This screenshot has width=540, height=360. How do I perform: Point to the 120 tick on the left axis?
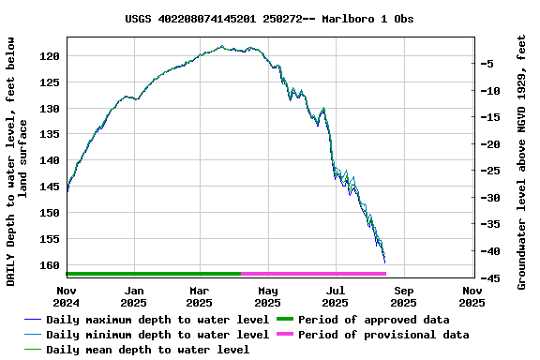point(52,56)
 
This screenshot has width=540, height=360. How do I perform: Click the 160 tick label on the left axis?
point(52,265)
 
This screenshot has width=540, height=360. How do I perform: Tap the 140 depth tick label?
point(52,160)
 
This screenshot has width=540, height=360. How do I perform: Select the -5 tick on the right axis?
point(488,64)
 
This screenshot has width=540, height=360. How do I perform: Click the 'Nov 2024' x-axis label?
point(67,297)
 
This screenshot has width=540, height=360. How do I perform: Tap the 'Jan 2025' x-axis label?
point(134,297)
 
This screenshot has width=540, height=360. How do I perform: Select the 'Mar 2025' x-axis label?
point(200,297)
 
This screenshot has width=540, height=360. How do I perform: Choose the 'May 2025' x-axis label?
point(268,297)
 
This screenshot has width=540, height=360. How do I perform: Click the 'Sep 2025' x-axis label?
point(403,297)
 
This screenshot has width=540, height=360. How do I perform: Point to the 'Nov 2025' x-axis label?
point(472,297)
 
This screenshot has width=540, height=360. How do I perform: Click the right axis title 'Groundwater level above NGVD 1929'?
point(522,160)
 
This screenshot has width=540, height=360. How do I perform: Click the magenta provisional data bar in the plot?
point(314,274)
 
